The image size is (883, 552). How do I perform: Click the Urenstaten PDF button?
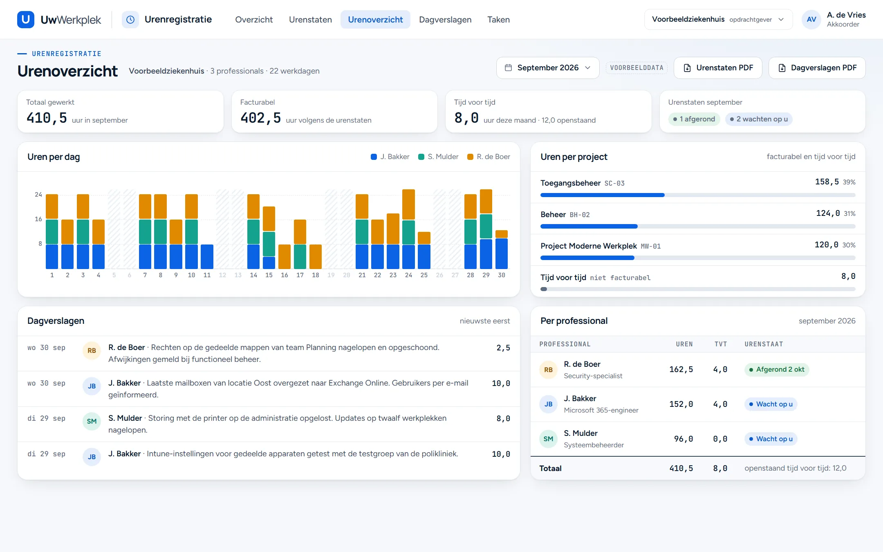718,68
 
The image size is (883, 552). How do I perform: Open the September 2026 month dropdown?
548,68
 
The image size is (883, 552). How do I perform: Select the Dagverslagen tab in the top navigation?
445,20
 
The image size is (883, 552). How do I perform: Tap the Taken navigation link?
498,20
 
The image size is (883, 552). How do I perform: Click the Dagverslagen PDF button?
817,68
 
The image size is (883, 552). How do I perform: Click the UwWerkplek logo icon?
25,20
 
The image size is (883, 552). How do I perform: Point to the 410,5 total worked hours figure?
47,118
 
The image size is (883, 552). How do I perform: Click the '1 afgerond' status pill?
694,119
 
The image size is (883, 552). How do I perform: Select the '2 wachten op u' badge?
759,119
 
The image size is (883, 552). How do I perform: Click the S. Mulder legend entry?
438,157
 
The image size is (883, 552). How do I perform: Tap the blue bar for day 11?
207,256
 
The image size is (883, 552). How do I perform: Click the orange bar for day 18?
316,256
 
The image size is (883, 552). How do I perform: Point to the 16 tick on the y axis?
38,219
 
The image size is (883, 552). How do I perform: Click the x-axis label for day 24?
408,275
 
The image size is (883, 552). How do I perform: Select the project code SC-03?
614,183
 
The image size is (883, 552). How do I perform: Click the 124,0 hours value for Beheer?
828,213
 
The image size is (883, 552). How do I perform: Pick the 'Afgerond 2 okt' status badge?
776,370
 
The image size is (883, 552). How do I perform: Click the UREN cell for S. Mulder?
683,439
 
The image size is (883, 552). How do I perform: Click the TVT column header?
721,344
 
